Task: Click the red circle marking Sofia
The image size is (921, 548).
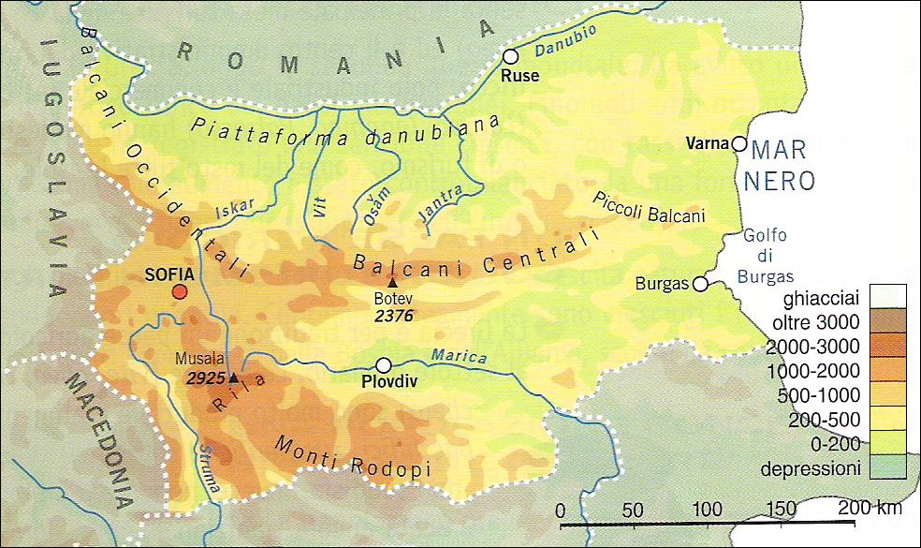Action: tap(179, 292)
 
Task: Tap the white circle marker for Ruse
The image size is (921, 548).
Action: tap(510, 56)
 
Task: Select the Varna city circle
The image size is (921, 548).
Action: tap(738, 144)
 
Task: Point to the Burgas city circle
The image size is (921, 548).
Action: tap(698, 284)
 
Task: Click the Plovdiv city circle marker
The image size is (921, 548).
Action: tap(383, 365)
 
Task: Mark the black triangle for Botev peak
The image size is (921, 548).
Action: tap(392, 282)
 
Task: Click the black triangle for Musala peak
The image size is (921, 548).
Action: tap(233, 377)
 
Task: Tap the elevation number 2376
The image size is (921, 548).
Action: tap(393, 316)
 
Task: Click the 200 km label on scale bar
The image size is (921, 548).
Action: tap(869, 509)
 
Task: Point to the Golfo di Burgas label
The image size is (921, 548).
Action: tap(765, 257)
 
